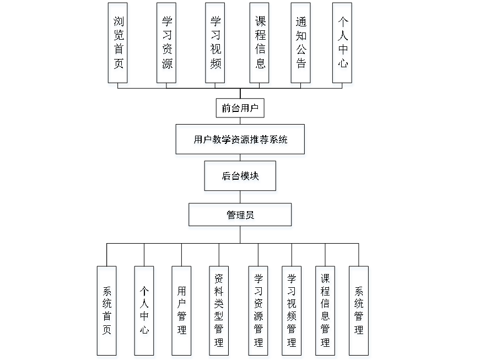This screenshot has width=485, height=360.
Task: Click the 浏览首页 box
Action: [x=118, y=45]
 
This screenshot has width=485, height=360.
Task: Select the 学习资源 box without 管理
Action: [x=167, y=45]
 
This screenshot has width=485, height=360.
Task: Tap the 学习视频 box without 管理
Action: [x=215, y=45]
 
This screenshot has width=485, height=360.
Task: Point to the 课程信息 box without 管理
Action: [x=260, y=45]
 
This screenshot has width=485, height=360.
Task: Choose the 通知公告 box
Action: [x=301, y=45]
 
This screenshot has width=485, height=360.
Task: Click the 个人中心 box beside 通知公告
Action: [x=343, y=45]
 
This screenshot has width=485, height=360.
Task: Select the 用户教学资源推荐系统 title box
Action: [x=240, y=141]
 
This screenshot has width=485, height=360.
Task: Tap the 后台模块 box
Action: [x=241, y=178]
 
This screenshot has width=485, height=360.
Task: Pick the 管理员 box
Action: [x=240, y=217]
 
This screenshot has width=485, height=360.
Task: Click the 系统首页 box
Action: [x=107, y=313]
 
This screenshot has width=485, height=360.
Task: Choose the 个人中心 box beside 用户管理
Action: [x=145, y=313]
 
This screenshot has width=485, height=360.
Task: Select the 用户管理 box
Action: [x=182, y=313]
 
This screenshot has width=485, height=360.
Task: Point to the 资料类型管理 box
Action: [x=219, y=313]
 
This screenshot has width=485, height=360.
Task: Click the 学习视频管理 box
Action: [x=292, y=313]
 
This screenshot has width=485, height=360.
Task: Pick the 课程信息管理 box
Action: [x=326, y=313]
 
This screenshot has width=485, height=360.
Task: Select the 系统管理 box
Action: [x=359, y=313]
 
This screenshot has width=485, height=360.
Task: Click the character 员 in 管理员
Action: [x=250, y=217]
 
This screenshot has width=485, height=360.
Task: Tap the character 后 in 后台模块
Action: [x=227, y=178]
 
